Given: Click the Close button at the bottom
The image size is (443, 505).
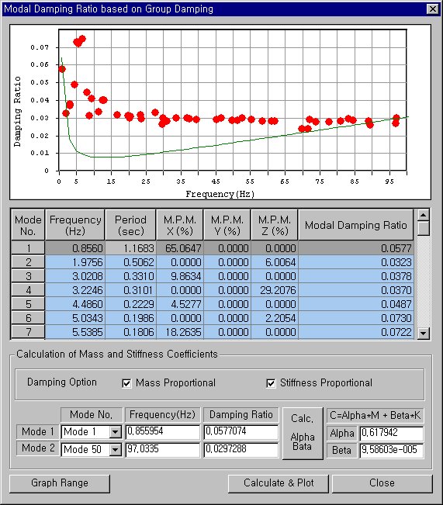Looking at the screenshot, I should coord(382,483).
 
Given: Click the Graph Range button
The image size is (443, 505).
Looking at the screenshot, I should coord(60,483).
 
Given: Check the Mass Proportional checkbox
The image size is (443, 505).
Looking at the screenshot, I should coord(127,383).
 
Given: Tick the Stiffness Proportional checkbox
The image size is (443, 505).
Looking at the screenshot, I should coord(272,383).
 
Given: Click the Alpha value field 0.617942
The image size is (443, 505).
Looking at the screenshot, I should coord(390,433).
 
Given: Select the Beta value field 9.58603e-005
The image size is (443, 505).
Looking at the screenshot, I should coord(390,450).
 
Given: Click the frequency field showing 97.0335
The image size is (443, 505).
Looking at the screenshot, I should coord(163,450).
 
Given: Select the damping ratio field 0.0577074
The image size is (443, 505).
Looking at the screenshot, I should coord(241,432).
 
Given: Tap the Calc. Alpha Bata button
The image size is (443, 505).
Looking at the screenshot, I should coord(302,432).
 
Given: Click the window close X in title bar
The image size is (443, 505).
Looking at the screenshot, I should coord(432,9).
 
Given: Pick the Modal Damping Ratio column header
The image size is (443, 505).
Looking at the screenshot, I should coord(355,225).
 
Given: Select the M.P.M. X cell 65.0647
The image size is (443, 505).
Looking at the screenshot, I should coord(179,248).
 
